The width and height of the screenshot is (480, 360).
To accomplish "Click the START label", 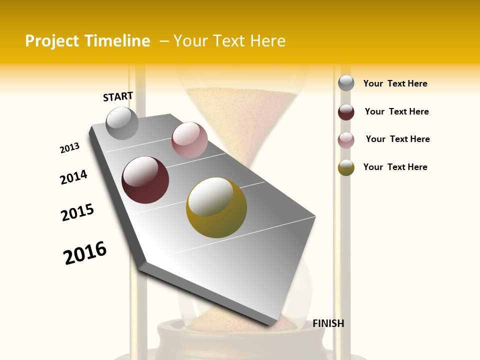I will point(118,96).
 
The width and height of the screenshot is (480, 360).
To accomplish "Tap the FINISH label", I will point(328,323).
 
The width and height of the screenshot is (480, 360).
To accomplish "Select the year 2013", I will point(69,148).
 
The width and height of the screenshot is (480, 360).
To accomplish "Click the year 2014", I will point(73,177).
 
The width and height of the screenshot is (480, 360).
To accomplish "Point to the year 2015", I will point(77,212).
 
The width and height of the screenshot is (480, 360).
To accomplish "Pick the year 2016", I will point(85,253).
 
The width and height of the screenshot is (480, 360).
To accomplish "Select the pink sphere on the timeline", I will point(189,140).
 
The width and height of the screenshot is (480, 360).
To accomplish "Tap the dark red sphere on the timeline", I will point(145,180).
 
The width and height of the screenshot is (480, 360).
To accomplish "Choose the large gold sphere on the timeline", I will point(216,207).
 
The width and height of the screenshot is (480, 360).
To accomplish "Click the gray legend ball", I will point(346,83).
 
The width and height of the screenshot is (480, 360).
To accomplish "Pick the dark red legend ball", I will point(346,112).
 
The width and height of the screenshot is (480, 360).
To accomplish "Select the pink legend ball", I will point(346,140).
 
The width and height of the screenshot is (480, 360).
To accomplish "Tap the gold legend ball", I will point(346,167).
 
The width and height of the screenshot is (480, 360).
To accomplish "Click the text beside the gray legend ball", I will point(395,83).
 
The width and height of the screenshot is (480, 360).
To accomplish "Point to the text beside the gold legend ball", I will point(395,167).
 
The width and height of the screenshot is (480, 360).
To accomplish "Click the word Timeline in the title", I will point(117,41).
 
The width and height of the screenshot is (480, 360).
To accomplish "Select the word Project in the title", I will point(52,41).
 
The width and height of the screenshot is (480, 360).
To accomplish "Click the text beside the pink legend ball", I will point(397,139).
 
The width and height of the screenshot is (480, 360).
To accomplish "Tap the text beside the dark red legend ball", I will point(396,111).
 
